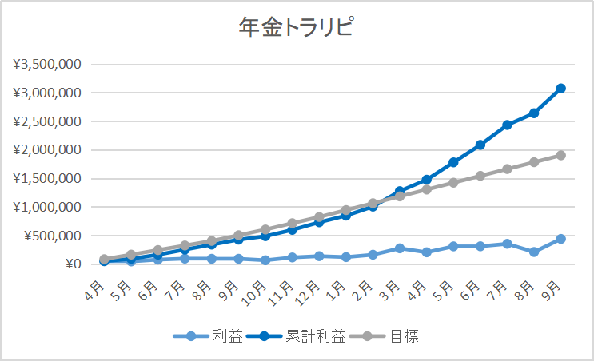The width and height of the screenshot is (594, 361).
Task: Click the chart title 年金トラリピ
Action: (297, 28)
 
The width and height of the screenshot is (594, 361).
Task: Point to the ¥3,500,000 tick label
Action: (47, 64)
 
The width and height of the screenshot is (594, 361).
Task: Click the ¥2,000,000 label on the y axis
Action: (47, 150)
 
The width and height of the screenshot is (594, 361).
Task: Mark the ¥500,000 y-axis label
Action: (51, 236)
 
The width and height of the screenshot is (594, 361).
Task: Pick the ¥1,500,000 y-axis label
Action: (47, 179)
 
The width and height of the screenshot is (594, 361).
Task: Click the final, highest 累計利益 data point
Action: (561, 88)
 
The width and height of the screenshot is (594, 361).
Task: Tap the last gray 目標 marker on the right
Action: (561, 155)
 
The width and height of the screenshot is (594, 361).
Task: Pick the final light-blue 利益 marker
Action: (561, 239)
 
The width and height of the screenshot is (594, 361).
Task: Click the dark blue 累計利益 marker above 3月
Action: (400, 192)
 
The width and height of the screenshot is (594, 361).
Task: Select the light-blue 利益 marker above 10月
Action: (265, 260)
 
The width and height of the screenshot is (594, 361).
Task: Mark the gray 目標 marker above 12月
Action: (319, 217)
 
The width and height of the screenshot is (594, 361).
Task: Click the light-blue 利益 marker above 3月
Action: (400, 248)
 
